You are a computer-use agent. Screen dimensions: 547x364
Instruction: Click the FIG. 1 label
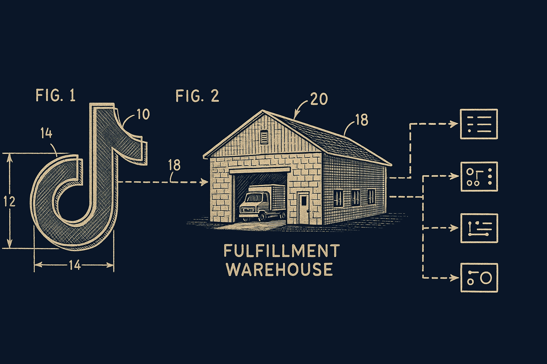pyautogui.click(x=56, y=95)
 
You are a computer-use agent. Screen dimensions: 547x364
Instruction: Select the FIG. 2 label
pyautogui.click(x=197, y=96)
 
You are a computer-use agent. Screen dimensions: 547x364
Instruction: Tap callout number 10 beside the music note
pyautogui.click(x=144, y=114)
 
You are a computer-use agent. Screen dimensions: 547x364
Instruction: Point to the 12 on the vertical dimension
pyautogui.click(x=10, y=202)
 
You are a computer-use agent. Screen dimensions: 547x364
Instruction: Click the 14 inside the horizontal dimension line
pyautogui.click(x=75, y=265)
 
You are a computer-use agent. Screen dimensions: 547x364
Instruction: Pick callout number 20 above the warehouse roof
pyautogui.click(x=319, y=99)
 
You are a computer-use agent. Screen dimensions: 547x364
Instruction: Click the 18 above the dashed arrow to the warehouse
pyautogui.click(x=174, y=165)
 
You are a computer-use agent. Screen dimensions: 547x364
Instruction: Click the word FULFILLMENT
pyautogui.click(x=282, y=251)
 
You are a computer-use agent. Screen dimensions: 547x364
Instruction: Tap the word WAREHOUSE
pyautogui.click(x=280, y=269)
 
